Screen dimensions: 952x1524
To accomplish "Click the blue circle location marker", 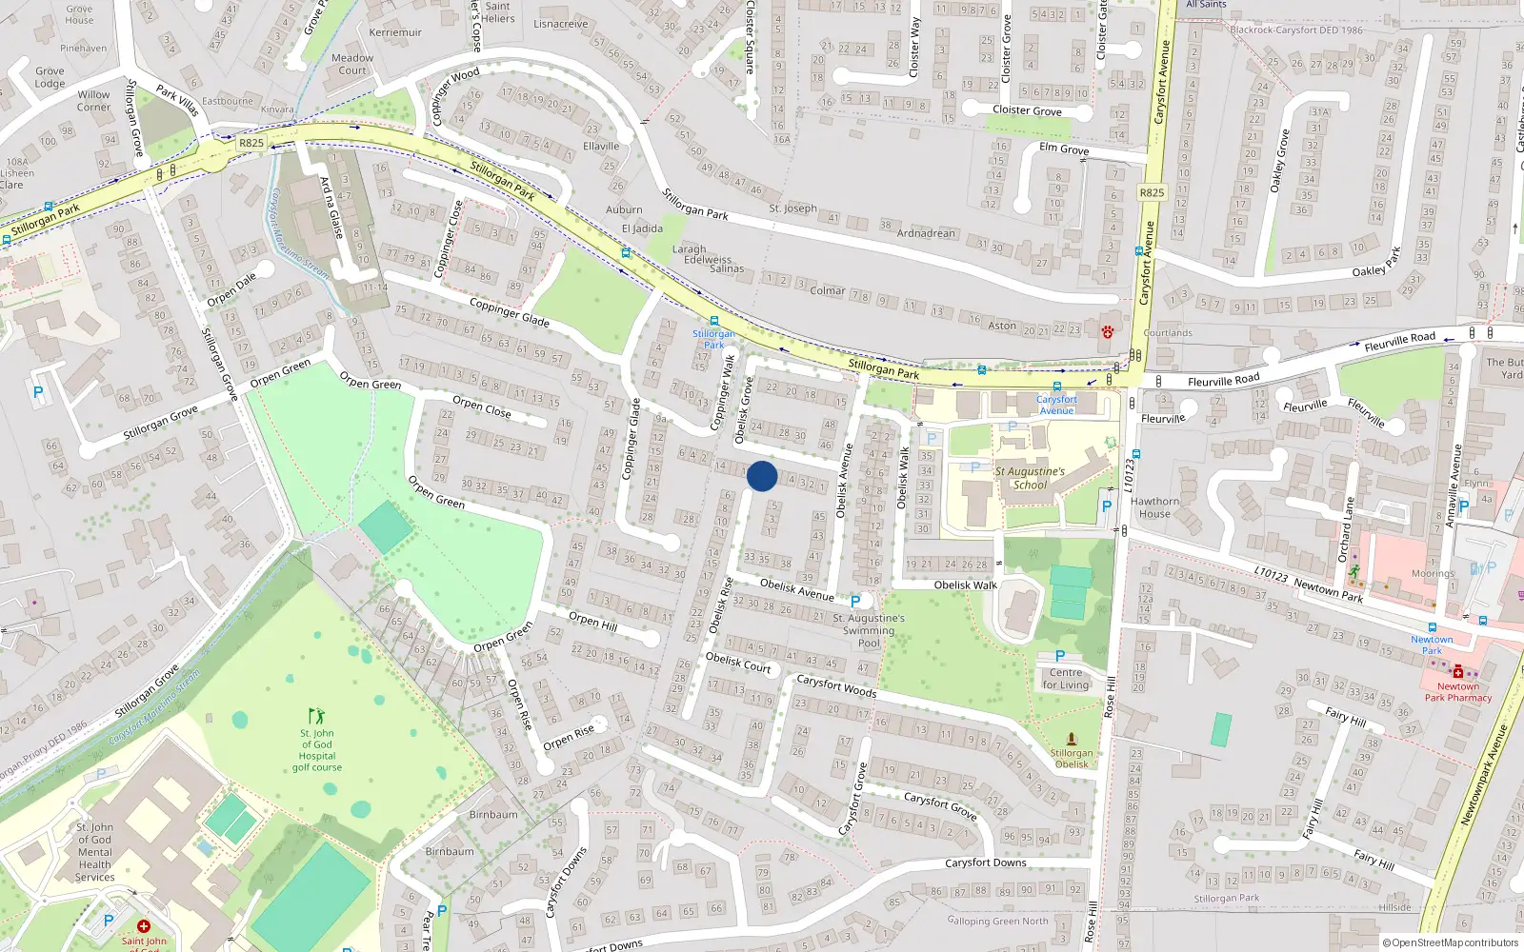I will point(762,476).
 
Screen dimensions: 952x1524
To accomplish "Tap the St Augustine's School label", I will point(1029,478).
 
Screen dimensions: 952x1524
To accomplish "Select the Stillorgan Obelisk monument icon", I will point(1072,739).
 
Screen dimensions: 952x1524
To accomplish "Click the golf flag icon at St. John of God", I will point(316,715).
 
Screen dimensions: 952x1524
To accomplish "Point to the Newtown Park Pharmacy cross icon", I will point(1457,671).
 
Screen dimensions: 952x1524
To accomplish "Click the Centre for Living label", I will point(1065,679).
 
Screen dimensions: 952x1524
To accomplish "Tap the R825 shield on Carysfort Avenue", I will point(1152,192).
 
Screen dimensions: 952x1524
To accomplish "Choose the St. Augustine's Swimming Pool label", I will point(869,630).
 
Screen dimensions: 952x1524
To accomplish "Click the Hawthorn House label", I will point(1154,507).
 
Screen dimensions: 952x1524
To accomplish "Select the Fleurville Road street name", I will point(1223,381).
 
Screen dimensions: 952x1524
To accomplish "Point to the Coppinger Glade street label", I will point(509,311).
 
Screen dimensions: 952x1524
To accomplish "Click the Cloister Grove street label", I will point(1027,110).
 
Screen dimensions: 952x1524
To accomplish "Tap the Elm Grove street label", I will point(1064,149).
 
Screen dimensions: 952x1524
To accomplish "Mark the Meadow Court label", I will point(352,64).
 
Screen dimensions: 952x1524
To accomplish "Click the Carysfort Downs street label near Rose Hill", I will point(985,863).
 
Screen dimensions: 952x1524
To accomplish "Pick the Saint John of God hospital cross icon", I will point(144,925).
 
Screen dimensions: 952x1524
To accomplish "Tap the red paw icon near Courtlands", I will point(1108,331).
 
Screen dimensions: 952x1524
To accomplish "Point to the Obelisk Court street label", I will point(738,663).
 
